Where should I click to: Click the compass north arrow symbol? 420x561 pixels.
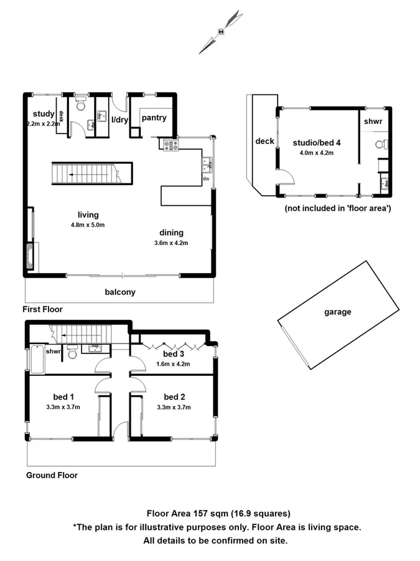[222, 31]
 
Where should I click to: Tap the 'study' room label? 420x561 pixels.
[44, 113]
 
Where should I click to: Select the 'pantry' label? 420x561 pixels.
[154, 117]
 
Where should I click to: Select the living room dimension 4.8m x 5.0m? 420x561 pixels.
[88, 225]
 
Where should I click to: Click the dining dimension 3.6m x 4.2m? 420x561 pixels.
[170, 242]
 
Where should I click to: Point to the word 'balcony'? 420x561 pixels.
[120, 292]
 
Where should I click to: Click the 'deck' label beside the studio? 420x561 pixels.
[264, 141]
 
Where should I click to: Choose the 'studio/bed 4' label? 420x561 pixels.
[317, 142]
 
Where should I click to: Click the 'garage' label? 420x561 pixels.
[337, 312]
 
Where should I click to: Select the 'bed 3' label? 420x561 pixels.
[174, 355]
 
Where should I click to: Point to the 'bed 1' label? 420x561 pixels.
[63, 396]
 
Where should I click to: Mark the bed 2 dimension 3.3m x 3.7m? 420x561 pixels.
[174, 407]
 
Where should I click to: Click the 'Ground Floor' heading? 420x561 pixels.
[52, 475]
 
